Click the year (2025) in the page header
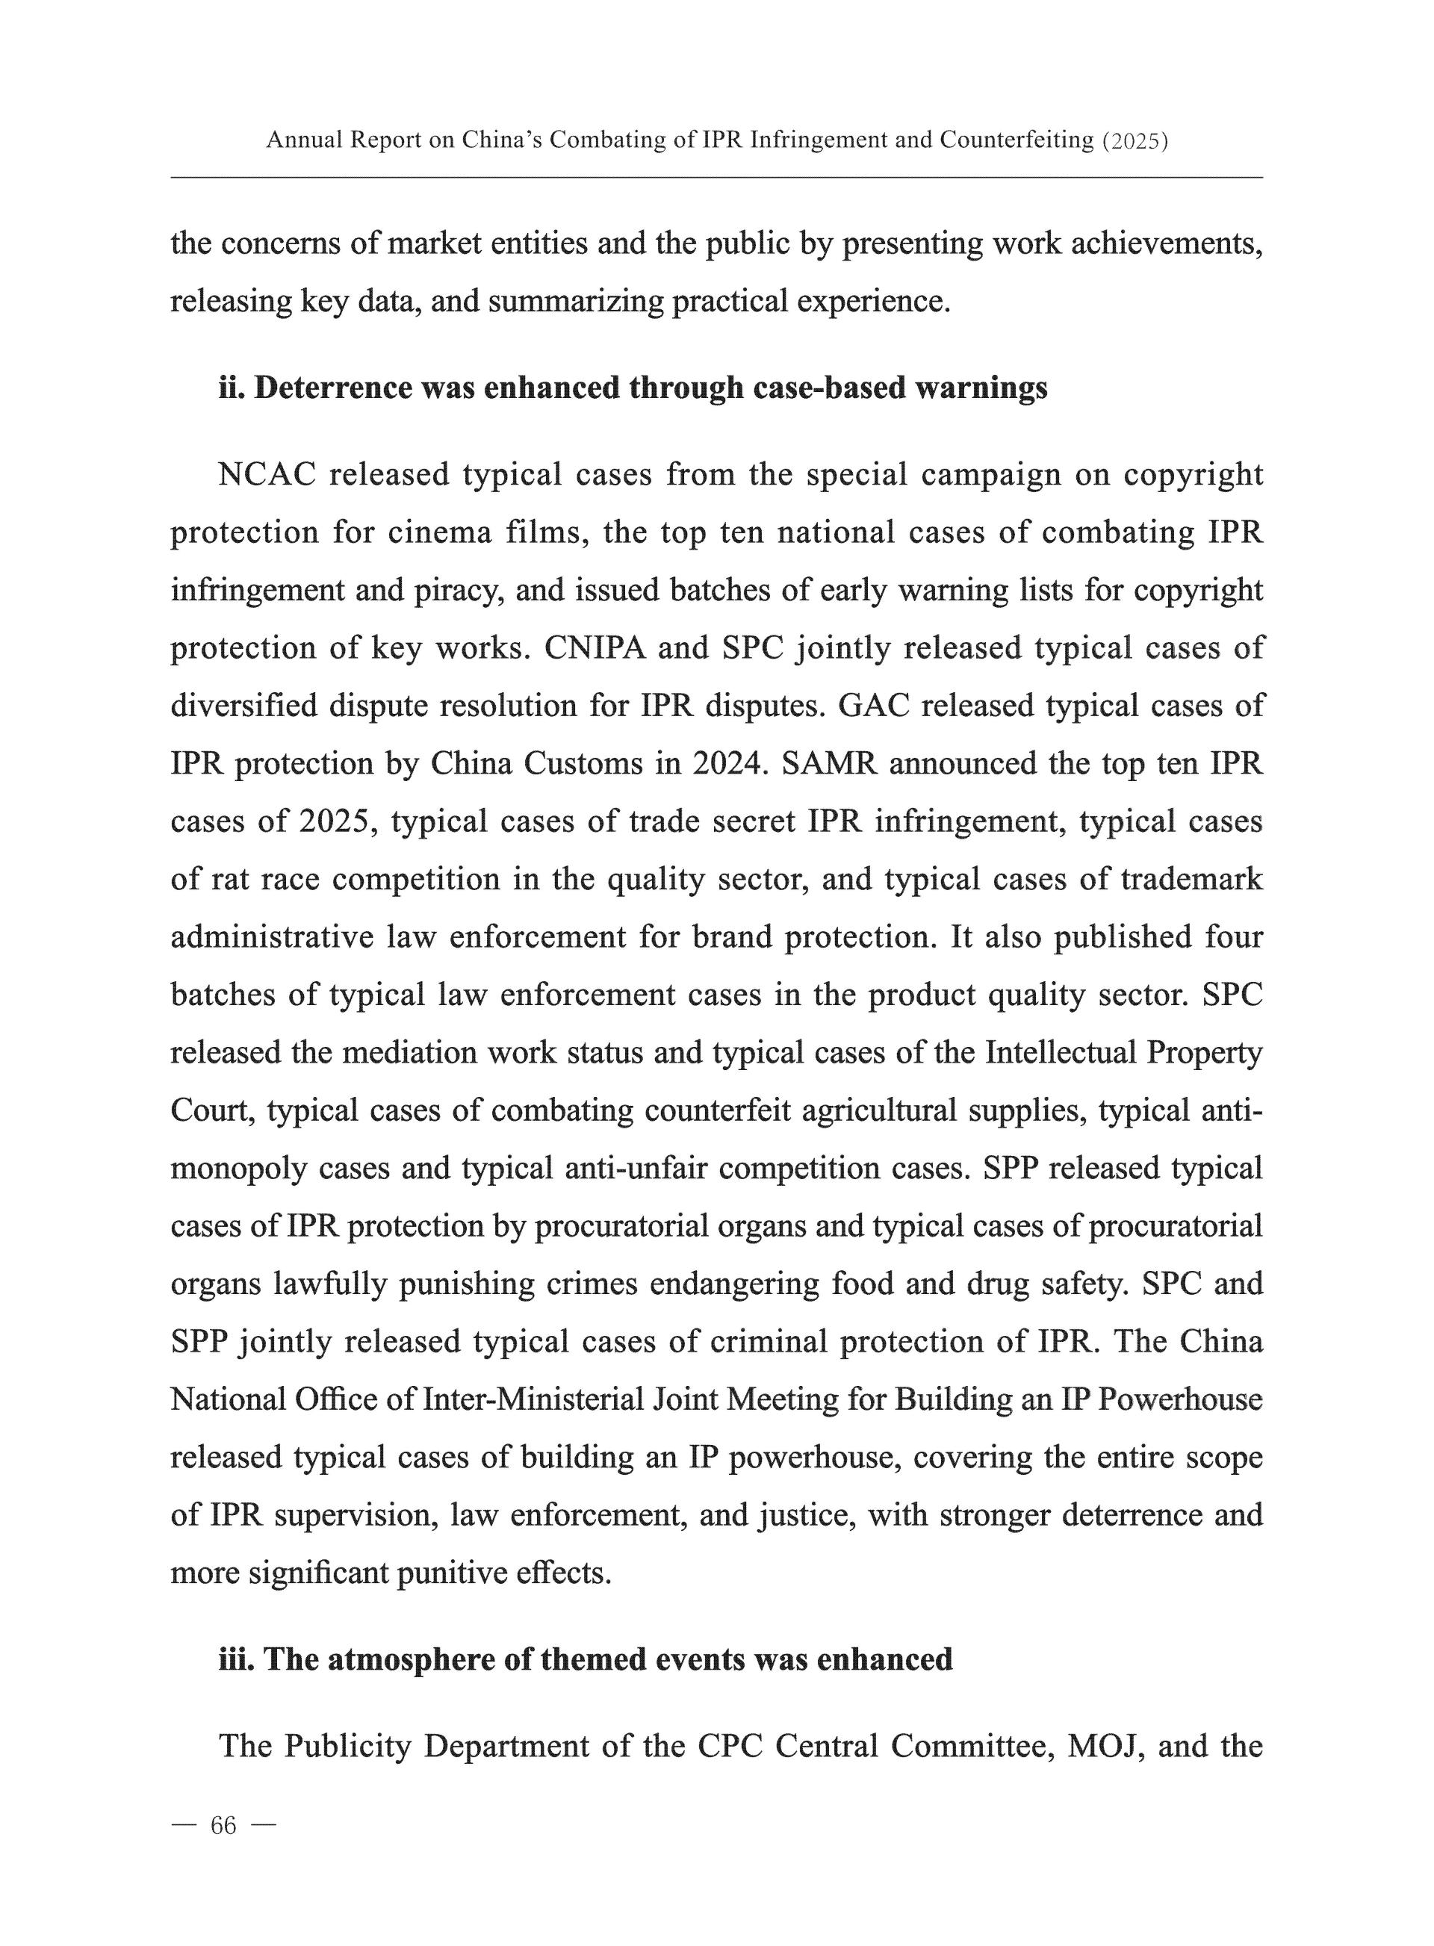1134,140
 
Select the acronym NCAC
267,475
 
